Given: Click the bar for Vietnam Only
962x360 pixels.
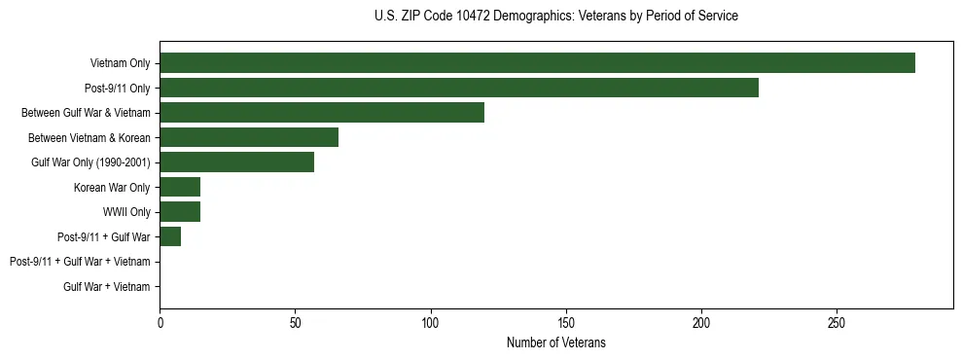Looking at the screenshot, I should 537,63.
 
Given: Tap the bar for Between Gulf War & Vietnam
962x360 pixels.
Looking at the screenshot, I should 322,113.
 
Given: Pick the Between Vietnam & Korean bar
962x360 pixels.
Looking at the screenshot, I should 249,137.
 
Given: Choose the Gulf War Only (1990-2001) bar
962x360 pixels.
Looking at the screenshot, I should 236,162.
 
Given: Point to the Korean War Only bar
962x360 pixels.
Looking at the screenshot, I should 180,187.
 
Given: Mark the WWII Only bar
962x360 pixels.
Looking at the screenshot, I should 180,212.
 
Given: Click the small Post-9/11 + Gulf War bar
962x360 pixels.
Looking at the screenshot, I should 170,236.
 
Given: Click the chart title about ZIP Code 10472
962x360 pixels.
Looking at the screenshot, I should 556,17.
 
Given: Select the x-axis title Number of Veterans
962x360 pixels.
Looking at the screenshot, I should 556,342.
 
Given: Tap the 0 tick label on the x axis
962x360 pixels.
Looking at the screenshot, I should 160,322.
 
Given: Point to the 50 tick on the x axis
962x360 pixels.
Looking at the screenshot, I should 295,322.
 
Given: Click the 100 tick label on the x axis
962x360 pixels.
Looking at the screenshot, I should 431,322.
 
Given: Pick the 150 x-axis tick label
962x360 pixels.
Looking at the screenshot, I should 566,322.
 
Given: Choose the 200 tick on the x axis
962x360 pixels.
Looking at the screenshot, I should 701,322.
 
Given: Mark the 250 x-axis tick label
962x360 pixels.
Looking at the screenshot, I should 837,322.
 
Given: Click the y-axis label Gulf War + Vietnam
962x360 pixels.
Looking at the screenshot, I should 107,287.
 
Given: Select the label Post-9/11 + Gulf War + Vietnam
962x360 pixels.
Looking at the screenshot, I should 80,262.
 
